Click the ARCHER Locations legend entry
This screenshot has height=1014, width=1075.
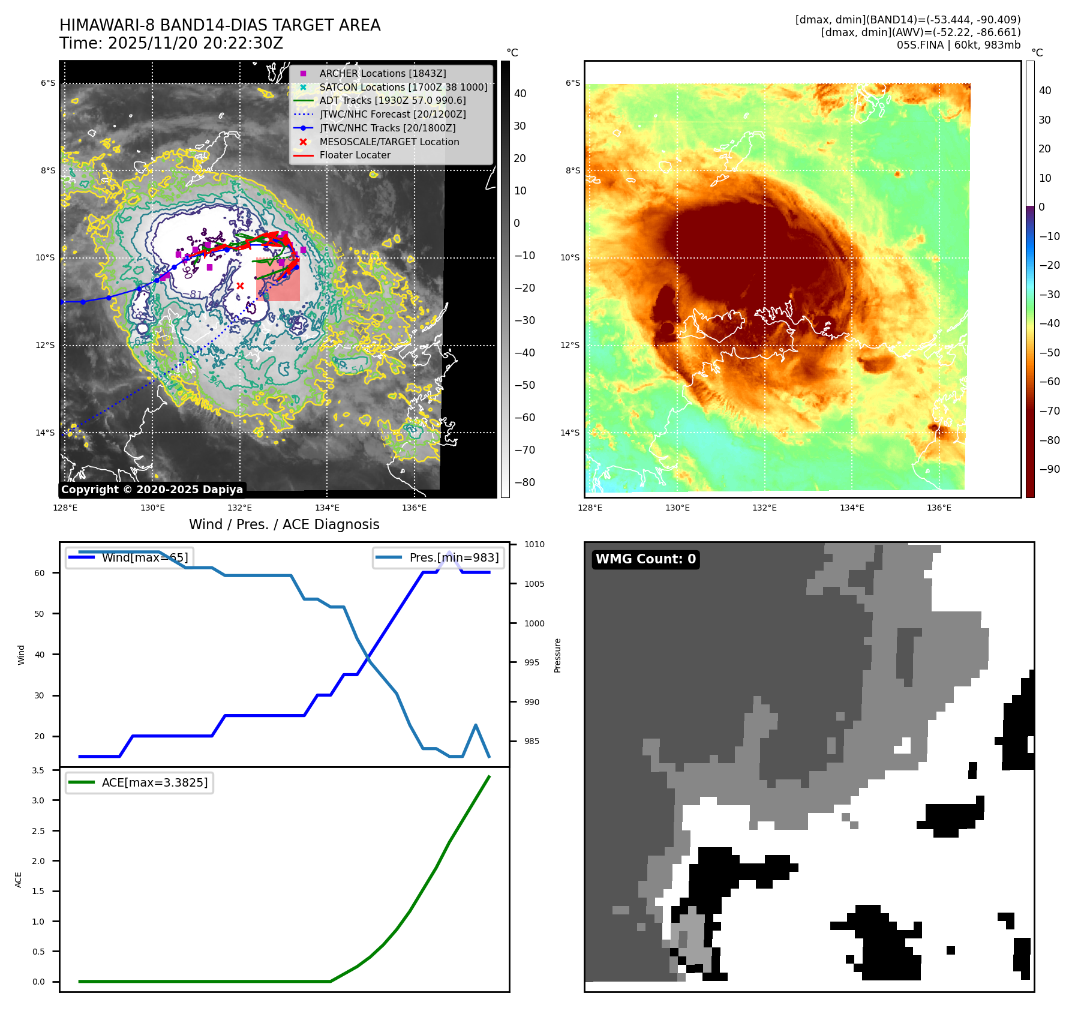[382, 73]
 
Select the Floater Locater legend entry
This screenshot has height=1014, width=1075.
[355, 155]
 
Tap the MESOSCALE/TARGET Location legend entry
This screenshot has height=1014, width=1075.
[389, 142]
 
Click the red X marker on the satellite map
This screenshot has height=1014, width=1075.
[240, 286]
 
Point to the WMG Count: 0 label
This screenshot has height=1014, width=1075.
[645, 559]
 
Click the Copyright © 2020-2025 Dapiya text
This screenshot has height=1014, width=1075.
[152, 490]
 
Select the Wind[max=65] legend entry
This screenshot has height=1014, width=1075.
[145, 557]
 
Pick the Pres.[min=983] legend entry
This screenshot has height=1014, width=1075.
[454, 557]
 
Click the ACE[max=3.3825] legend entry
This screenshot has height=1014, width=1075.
[154, 782]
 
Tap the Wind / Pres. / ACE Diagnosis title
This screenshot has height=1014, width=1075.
[284, 524]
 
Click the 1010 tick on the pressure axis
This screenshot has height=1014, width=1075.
[534, 545]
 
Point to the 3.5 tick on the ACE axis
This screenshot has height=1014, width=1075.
[38, 770]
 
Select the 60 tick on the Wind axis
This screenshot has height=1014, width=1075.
[39, 573]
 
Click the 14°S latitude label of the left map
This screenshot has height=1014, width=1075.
[45, 433]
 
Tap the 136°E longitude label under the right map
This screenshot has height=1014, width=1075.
[939, 508]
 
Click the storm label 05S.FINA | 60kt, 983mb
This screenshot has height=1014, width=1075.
[958, 45]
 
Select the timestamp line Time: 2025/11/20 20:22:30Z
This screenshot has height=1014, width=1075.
[171, 43]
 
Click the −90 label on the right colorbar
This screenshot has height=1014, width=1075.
[1049, 469]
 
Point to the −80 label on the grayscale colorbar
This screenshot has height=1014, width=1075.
[524, 482]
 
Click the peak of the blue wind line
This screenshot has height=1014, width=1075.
[449, 552]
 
